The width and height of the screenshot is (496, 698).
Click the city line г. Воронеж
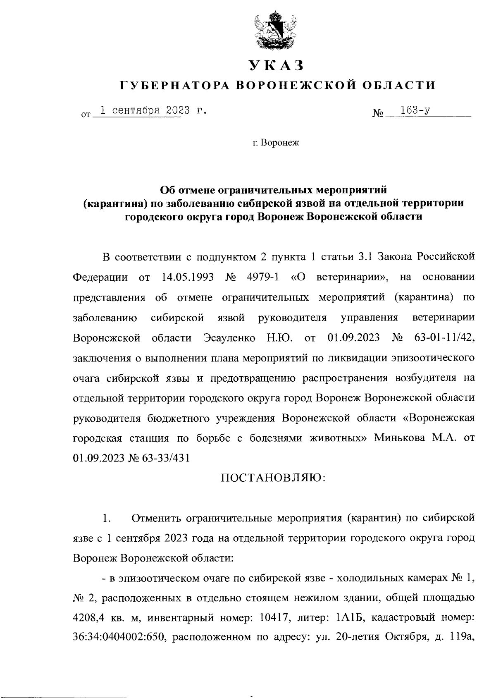click(275, 143)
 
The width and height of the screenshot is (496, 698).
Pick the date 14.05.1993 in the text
click(186, 277)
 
